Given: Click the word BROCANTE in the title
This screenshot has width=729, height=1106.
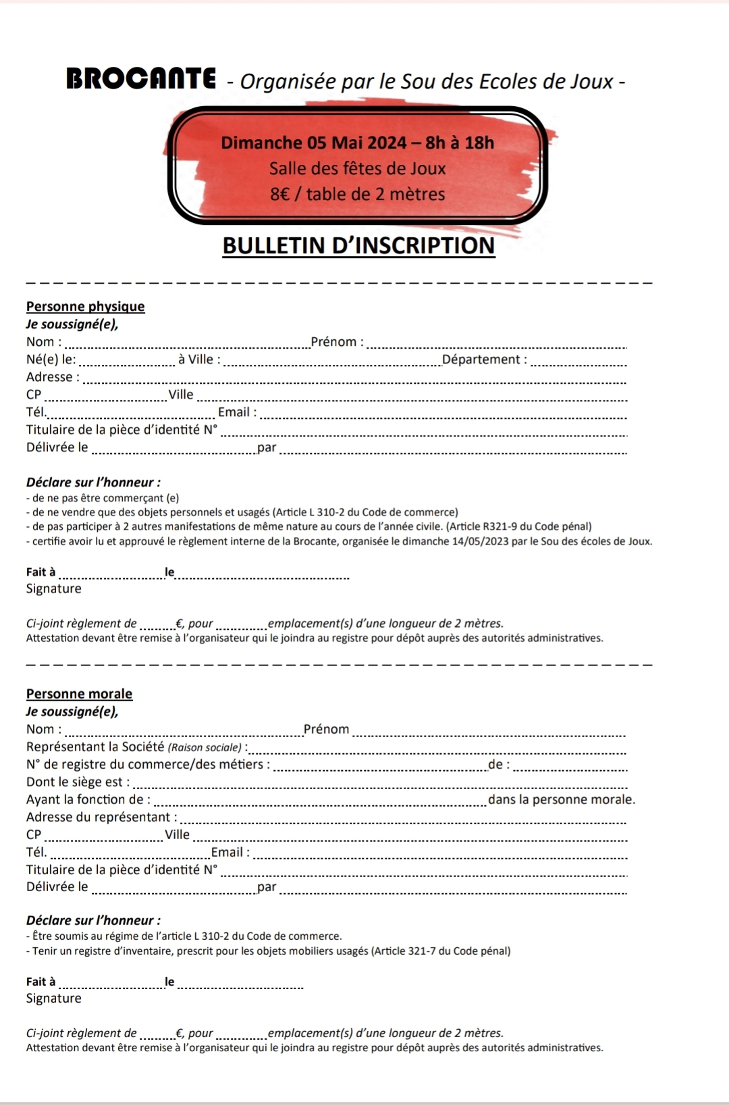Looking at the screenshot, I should (x=141, y=79).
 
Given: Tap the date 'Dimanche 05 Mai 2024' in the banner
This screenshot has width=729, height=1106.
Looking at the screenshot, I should (x=313, y=143).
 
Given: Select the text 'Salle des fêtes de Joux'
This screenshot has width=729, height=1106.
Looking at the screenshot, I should (x=357, y=168).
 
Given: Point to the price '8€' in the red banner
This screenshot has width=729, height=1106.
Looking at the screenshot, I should (x=279, y=195).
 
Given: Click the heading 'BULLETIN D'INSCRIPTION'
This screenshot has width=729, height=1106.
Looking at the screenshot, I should (x=358, y=245).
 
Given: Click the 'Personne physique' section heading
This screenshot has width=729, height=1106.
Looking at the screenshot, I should (x=86, y=306).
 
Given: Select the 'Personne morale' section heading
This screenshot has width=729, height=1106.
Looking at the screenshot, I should (x=80, y=693).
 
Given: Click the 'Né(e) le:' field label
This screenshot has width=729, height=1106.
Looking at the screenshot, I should (x=51, y=359).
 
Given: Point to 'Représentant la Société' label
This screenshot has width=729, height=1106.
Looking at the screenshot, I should (x=95, y=747).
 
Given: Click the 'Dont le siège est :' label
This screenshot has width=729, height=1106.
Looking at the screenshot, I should (x=78, y=782).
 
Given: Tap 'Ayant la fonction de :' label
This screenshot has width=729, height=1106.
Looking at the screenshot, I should (x=88, y=799).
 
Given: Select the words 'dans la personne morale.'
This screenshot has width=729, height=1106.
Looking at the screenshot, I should (x=562, y=799).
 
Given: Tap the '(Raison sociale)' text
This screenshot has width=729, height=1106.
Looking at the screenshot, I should (x=205, y=747).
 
